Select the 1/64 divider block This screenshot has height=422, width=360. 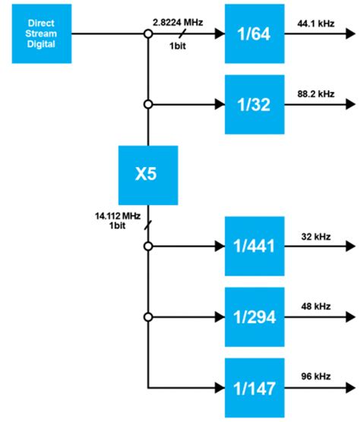254,33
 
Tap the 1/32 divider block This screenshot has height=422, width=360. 254,104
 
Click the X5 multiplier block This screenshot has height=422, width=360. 147,175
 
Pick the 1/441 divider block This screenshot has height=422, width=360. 254,246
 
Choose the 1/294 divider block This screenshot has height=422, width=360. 254,316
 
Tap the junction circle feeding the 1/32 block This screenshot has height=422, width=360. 148,104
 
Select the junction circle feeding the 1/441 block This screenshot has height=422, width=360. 148,246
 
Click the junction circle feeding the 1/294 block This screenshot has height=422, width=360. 148,316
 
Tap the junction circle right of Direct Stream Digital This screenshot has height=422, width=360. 148,33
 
